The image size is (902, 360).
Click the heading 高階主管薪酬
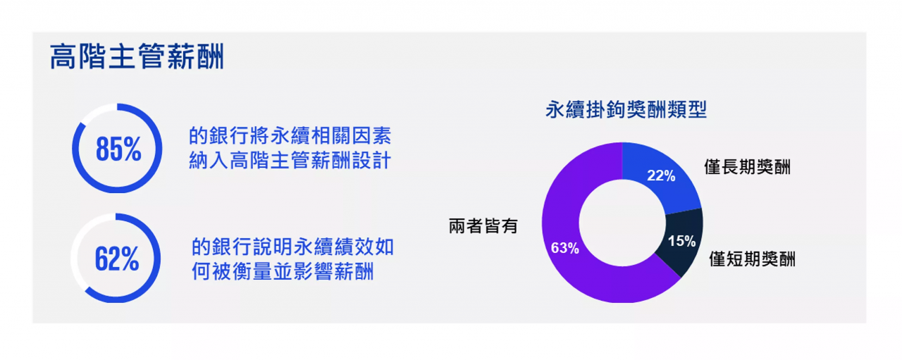point(137,57)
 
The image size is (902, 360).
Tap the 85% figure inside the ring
point(118,149)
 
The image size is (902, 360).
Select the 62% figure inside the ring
point(117,259)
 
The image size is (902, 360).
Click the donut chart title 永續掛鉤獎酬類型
point(626,109)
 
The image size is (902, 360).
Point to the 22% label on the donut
point(661,175)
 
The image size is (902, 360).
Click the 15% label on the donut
point(681,241)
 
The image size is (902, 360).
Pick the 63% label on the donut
point(564,248)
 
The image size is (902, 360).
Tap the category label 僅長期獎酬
point(747,167)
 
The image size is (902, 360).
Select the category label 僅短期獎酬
point(752,259)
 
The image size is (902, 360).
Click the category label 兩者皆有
point(483,226)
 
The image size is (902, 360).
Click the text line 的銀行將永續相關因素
point(290,136)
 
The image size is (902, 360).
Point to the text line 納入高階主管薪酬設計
point(290,160)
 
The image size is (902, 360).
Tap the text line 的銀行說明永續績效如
point(292,247)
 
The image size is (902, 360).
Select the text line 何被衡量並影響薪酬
point(283,271)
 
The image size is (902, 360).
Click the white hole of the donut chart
point(622,223)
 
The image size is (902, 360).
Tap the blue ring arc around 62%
point(156,259)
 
